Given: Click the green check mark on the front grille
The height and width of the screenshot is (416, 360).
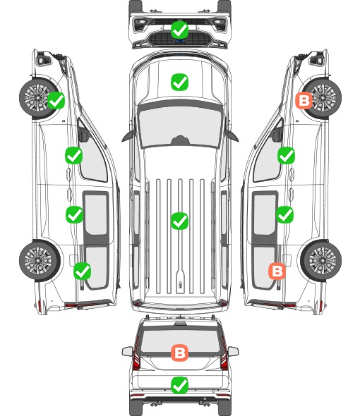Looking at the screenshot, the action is [x=179, y=30].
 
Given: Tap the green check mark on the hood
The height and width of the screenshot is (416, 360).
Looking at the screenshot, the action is [x=179, y=82].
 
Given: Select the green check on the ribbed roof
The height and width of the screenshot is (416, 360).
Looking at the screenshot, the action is [x=179, y=221].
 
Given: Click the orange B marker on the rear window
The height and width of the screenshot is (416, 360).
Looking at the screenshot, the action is [x=179, y=353].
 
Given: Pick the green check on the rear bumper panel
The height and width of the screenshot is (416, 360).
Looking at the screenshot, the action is [x=179, y=385].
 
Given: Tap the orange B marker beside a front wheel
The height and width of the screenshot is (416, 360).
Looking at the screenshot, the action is [x=304, y=100].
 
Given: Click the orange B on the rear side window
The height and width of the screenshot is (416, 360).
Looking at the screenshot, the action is [x=277, y=271].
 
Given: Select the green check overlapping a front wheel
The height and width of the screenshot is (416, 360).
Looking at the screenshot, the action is [x=56, y=100].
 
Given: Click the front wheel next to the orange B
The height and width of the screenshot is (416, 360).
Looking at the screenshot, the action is [x=322, y=97].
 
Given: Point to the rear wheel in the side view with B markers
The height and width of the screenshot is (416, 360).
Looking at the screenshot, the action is [x=321, y=260].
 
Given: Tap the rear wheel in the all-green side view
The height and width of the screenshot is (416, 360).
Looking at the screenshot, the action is [x=40, y=260].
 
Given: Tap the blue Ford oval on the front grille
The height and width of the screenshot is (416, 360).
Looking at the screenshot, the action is [x=180, y=41].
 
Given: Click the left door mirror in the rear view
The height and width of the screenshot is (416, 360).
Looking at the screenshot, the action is [x=127, y=351].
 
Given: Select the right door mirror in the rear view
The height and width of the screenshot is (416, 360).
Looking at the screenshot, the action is [x=233, y=351].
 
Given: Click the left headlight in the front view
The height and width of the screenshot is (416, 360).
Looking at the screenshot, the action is [x=140, y=25].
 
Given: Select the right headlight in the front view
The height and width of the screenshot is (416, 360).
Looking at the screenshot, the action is [x=220, y=25].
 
